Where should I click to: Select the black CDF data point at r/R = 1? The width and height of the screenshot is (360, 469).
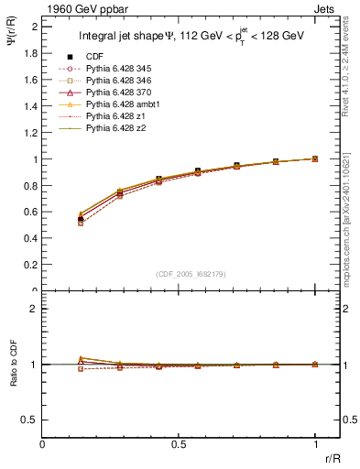tap(315, 158)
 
